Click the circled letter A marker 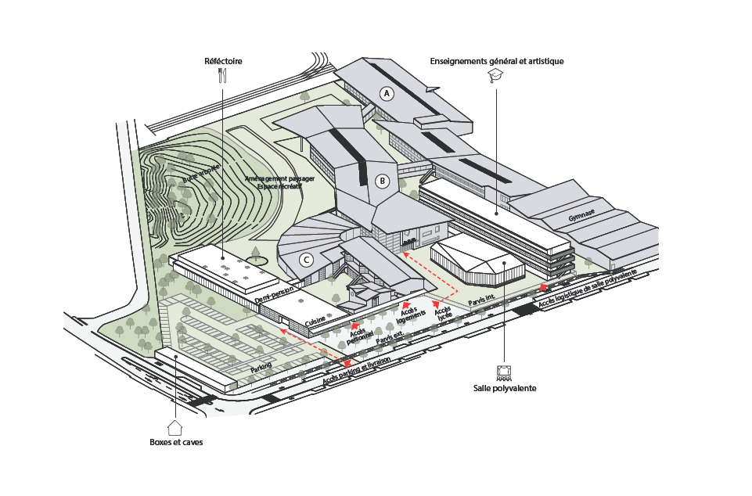pos(386,93)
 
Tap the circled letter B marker pos(383,182)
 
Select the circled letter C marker pos(307,261)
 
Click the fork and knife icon pos(222,75)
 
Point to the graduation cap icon pos(495,75)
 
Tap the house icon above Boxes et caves pos(175,427)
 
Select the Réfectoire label pos(223,61)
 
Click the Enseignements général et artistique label pos(496,61)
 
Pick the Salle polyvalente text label pos(505,388)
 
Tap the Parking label pos(261,368)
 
